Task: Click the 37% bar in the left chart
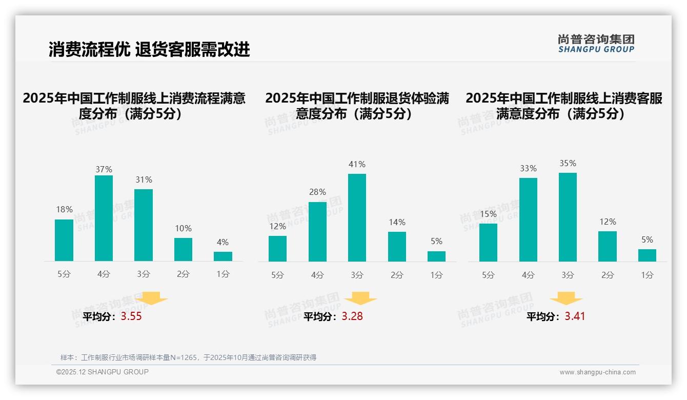[104, 218]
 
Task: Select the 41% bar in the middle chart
[357, 217]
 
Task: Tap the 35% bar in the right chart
[568, 217]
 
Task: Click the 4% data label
[223, 242]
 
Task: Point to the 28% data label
[317, 192]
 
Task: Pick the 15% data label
[488, 214]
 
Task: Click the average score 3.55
[131, 316]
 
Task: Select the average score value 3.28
[352, 316]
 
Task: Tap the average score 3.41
[575, 316]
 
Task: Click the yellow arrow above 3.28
[360, 298]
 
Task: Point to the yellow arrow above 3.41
[566, 298]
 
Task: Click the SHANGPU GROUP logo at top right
[596, 44]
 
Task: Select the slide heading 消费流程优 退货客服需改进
[149, 49]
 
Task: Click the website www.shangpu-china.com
[597, 372]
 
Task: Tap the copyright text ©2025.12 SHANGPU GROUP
[103, 372]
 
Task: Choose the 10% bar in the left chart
[183, 249]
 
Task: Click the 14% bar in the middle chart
[397, 247]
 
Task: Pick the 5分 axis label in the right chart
[488, 275]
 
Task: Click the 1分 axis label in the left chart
[223, 274]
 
